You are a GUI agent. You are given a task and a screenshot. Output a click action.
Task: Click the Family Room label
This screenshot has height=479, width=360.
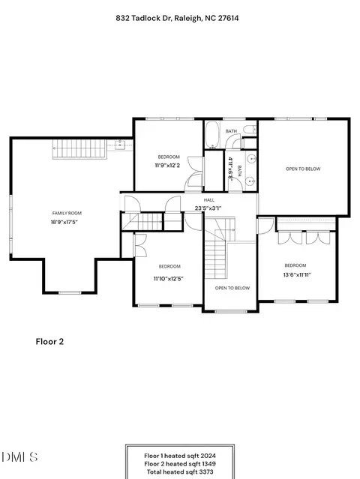click(x=67, y=213)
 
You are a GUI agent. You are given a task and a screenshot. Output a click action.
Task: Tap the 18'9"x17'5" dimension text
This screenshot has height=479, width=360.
click(x=64, y=222)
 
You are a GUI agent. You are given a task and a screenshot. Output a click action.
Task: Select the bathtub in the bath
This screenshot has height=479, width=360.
click(x=211, y=134)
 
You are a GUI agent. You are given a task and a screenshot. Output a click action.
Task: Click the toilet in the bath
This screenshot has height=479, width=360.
click(x=250, y=130)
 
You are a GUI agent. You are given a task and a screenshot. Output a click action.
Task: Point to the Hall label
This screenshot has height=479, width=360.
click(x=209, y=200)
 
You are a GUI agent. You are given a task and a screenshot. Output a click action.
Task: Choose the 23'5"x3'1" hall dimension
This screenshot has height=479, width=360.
click(x=208, y=208)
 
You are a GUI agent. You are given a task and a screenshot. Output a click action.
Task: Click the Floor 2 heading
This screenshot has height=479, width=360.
click(x=49, y=342)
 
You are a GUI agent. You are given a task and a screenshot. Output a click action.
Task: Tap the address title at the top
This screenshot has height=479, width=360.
click(x=177, y=18)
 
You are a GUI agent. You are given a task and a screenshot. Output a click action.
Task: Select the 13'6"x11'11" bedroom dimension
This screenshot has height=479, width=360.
click(x=297, y=274)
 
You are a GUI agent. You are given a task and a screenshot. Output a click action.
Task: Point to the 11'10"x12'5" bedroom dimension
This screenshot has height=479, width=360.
click(x=169, y=279)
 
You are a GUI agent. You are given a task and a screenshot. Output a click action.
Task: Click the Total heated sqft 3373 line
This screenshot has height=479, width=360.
click(x=180, y=472)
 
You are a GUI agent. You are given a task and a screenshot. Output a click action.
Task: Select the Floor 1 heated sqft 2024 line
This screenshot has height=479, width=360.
click(x=180, y=456)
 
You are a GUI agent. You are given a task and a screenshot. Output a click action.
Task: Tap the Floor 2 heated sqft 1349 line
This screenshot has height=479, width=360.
click(x=180, y=464)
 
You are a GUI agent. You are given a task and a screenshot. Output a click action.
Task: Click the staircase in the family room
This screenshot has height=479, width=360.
click(x=79, y=148)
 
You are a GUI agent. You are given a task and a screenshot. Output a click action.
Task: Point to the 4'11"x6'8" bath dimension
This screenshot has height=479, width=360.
click(x=230, y=169)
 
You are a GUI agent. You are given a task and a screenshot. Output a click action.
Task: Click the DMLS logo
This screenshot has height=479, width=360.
click(x=19, y=457)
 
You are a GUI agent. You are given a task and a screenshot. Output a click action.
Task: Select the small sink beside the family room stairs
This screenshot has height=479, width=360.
click(x=120, y=145)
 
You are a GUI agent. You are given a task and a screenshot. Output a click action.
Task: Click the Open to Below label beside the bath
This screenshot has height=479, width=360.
click(x=303, y=169)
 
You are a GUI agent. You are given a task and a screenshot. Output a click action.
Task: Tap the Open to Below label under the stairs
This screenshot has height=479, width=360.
click(x=232, y=288)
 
